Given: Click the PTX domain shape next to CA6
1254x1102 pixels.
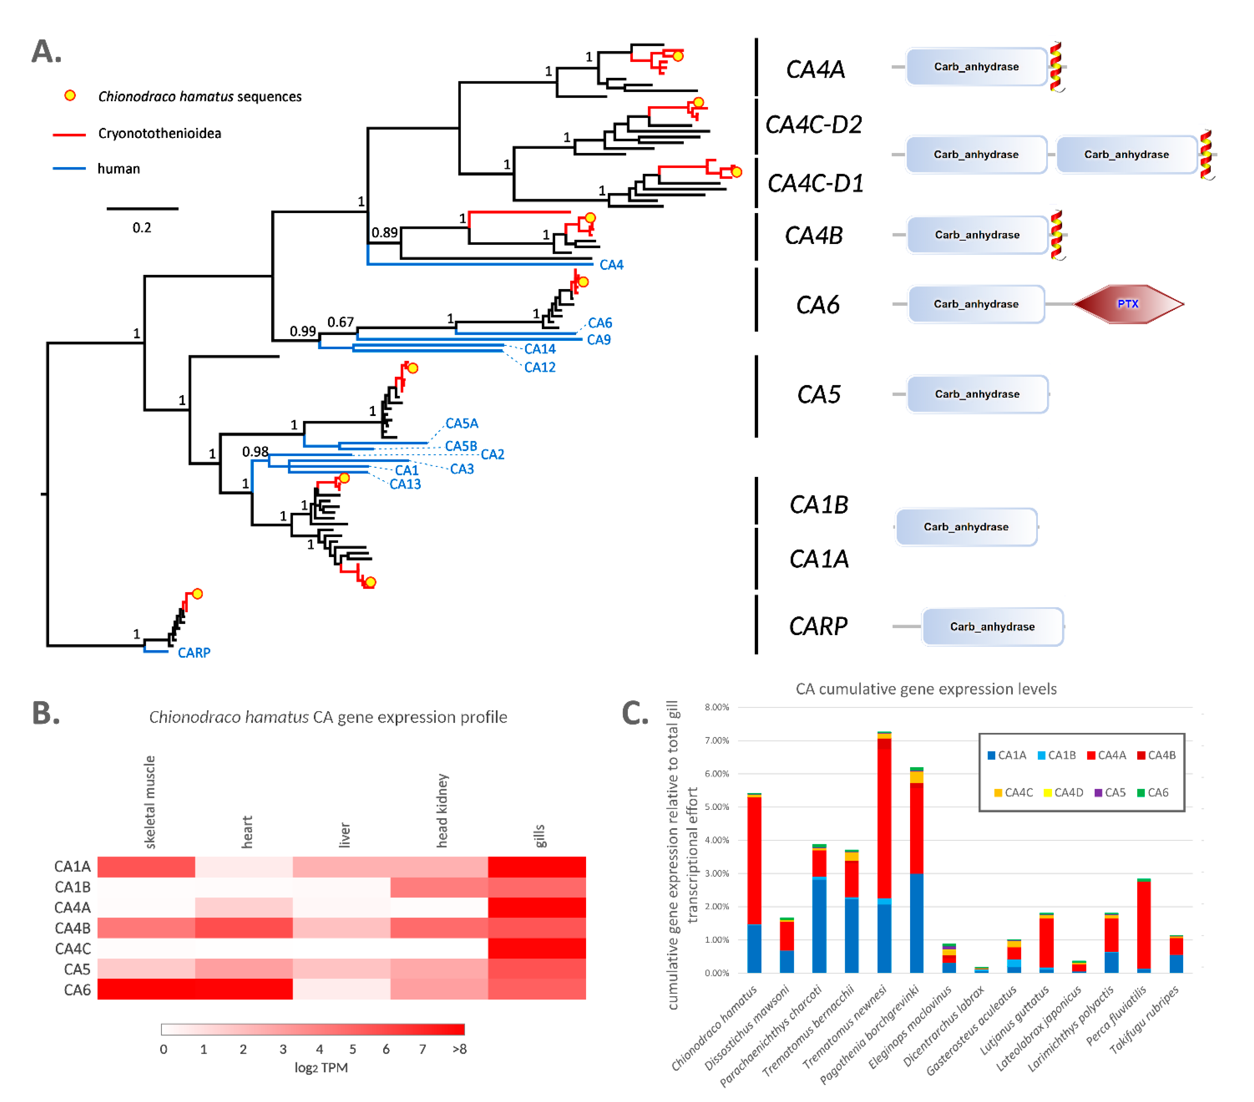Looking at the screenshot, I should coord(1128,304).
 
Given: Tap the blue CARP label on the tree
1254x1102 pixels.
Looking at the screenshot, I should coord(194,652).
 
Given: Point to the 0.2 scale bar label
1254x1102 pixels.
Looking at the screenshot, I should coord(142,228).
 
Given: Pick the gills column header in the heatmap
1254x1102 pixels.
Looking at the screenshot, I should coord(539,836).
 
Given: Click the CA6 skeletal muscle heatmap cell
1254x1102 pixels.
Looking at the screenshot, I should coord(146,989).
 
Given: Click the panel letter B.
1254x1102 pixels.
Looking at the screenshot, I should coord(45,713).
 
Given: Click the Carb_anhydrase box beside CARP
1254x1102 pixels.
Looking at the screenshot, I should coord(992,627).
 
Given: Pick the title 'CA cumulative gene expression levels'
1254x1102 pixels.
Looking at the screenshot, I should coord(926,688).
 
